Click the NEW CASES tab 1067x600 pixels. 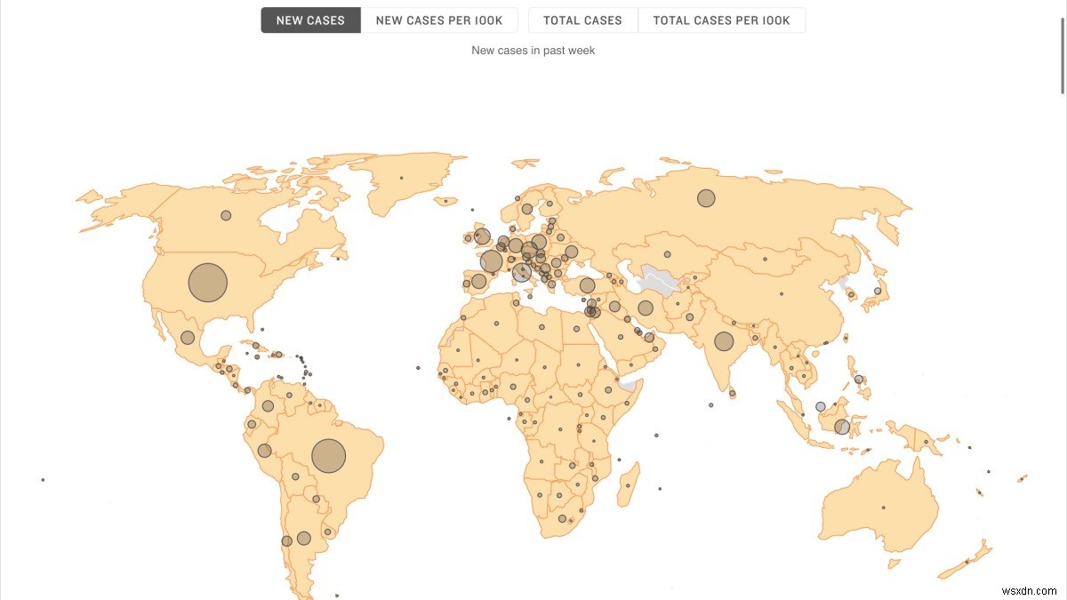310,20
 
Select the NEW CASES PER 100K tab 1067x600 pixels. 439,20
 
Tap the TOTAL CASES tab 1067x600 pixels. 583,20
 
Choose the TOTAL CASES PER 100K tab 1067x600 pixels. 721,20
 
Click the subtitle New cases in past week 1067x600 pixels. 533,51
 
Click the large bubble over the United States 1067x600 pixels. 208,283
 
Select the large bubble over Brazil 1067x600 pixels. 328,456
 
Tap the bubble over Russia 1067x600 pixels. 706,198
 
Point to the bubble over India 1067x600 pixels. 724,341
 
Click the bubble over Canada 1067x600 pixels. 226,215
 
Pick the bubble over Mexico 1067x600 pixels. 188,338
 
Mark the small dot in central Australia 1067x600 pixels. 883,508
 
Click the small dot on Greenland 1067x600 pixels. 401,178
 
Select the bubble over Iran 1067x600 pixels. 646,308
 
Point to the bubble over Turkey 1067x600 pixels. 587,285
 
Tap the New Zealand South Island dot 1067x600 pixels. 967,561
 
